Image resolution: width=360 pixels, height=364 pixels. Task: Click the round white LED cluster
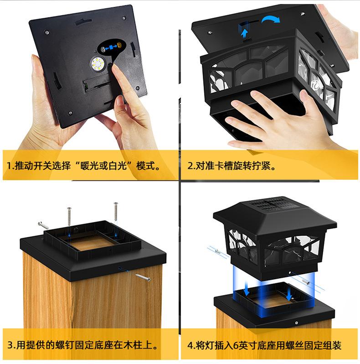(x=98, y=63)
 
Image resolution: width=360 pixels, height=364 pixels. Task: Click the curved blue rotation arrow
(x=271, y=20)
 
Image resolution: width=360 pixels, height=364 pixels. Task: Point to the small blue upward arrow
(x=244, y=33)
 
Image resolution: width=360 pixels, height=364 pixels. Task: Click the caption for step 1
(x=83, y=166)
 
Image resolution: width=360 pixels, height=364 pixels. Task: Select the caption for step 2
(x=231, y=166)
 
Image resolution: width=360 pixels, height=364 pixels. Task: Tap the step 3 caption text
(x=82, y=345)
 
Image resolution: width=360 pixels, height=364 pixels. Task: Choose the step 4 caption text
(x=264, y=345)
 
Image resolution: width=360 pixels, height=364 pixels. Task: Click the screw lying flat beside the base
(x=43, y=225)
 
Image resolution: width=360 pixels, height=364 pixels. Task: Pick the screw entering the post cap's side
(x=143, y=277)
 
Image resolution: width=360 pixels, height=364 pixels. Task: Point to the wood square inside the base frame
(x=92, y=242)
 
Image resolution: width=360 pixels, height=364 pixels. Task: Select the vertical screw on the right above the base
(x=115, y=211)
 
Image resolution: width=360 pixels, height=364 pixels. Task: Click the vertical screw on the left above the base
(x=69, y=216)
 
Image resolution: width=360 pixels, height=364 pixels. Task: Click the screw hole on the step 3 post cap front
(x=120, y=269)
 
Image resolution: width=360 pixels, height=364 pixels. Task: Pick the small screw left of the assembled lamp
(x=217, y=251)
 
